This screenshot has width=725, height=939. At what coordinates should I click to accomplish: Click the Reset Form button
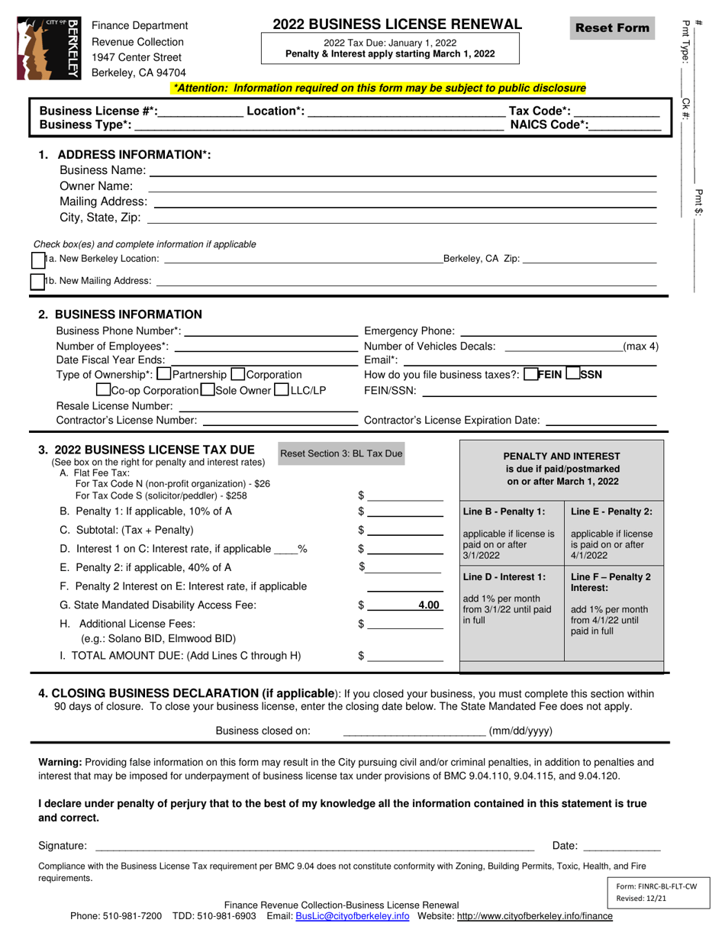[x=612, y=28]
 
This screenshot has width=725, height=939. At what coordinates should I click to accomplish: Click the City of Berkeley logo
[x=48, y=49]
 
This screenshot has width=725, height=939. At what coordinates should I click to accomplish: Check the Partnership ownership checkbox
[x=163, y=375]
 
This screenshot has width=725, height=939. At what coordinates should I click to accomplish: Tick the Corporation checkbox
[x=237, y=375]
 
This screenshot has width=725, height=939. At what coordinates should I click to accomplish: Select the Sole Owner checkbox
[x=207, y=390]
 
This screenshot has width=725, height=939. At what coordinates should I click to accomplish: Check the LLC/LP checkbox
[x=281, y=390]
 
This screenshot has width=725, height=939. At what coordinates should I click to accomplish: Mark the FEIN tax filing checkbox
[x=531, y=374]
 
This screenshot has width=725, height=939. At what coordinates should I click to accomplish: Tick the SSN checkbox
[x=573, y=374]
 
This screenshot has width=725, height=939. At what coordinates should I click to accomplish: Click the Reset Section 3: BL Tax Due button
[x=341, y=454]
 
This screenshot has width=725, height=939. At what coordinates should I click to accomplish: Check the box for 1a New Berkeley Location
[x=38, y=260]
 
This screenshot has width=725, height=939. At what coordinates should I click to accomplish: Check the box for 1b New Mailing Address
[x=37, y=282]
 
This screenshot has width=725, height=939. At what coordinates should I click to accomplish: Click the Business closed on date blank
[x=414, y=731]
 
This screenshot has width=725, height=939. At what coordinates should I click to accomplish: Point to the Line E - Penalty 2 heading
[x=611, y=511]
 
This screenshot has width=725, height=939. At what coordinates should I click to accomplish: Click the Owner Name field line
[x=401, y=186]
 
